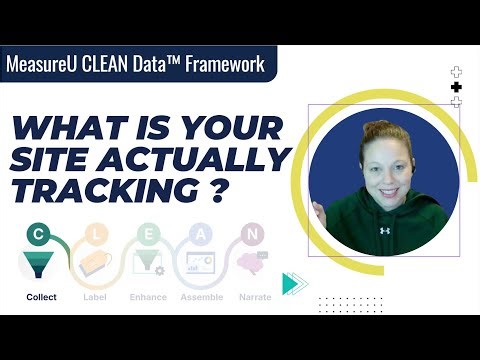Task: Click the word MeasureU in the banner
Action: pos(49,66)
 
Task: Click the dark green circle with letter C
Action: pos(38,234)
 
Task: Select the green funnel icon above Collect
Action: pos(39,265)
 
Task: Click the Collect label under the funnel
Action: pos(41,297)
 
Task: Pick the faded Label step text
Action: pos(96,297)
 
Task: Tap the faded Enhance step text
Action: pos(148,297)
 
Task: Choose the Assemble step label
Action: pos(201,297)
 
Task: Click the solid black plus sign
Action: pos(456,87)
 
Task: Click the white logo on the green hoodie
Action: pos(385,230)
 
